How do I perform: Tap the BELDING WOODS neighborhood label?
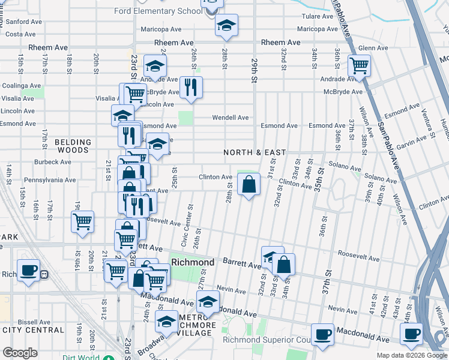tap(73, 146)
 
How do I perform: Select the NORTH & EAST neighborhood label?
tap(255, 152)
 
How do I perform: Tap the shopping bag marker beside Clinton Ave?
tap(249, 184)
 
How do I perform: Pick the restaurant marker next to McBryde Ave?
tap(191, 87)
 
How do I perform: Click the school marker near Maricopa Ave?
tap(226, 25)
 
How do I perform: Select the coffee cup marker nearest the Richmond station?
tap(28, 269)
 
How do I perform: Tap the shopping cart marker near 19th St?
tap(82, 221)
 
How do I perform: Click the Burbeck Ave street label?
tap(53, 162)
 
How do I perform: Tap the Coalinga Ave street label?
tap(22, 85)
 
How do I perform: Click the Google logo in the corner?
tap(20, 353)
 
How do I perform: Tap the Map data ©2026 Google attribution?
tap(411, 355)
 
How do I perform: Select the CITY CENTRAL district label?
tap(33, 330)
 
